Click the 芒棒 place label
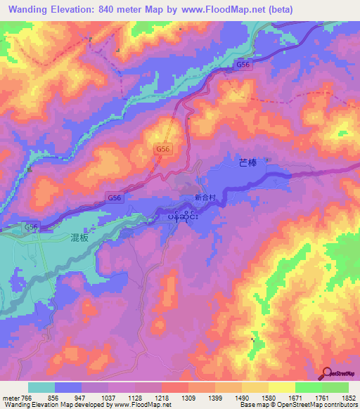pyautogui.click(x=248, y=163)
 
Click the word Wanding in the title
pyautogui.click(x=30, y=9)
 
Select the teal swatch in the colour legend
pyautogui.click(x=41, y=387)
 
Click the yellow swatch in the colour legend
pyautogui.click(x=281, y=387)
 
